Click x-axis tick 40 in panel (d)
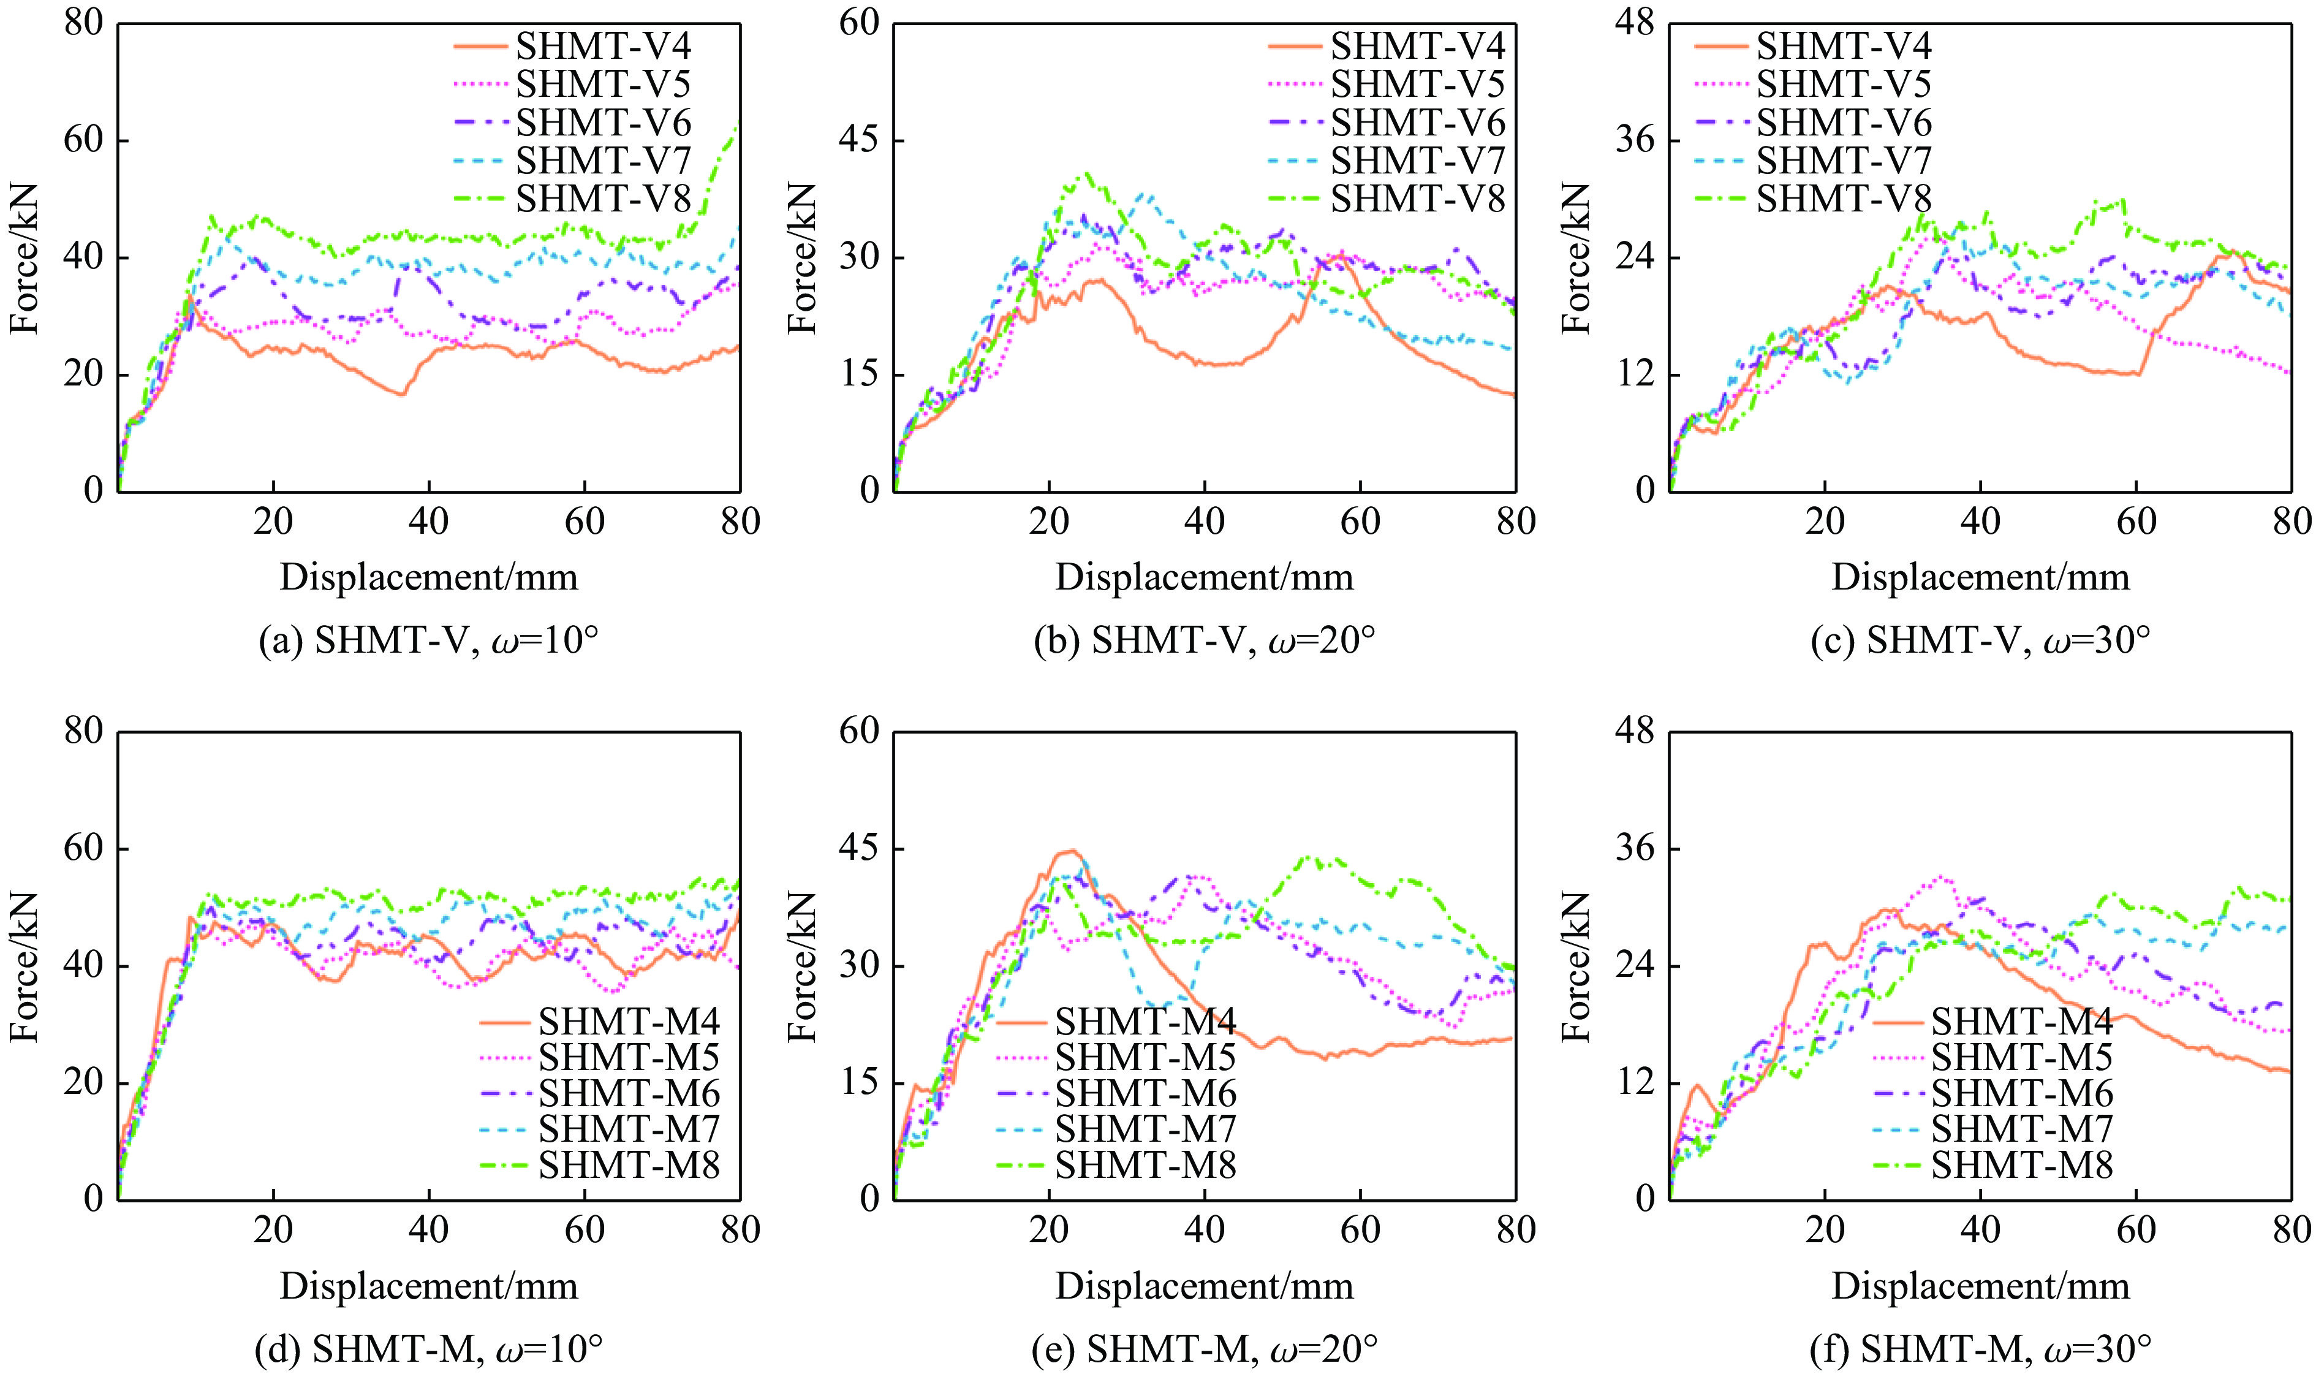[x=428, y=1229]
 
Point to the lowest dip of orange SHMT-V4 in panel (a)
[x=403, y=395]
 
